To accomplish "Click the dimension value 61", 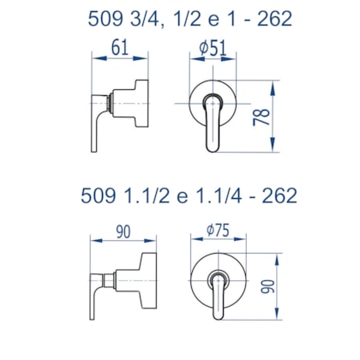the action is click(120, 48).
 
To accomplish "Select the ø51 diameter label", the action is click(213, 48).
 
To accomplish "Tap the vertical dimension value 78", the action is click(261, 117).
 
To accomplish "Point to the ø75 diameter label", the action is click(218, 231).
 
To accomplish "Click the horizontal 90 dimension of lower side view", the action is click(123, 231).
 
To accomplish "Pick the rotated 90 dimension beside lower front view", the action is click(267, 286).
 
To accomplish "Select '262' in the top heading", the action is click(274, 19).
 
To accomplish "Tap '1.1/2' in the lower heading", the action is click(147, 195).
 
